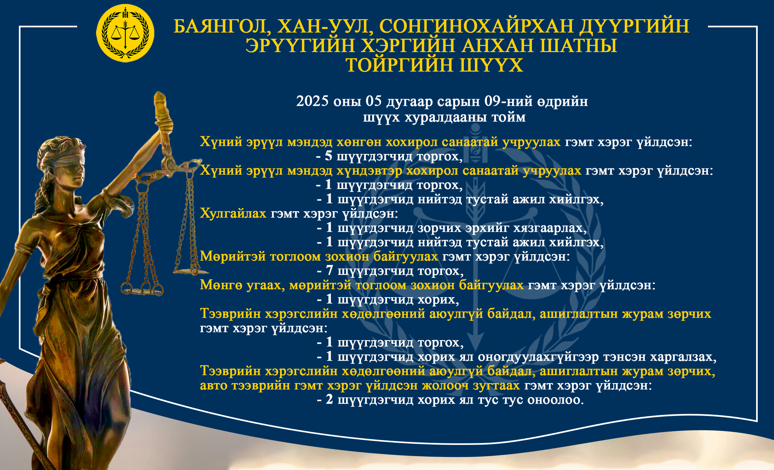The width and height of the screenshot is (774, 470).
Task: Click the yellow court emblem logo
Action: click(125, 33)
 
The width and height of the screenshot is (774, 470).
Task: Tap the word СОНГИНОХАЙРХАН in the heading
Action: click(476, 26)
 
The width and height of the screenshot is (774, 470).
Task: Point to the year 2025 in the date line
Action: click(312, 101)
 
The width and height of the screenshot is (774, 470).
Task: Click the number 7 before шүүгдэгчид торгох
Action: click(330, 270)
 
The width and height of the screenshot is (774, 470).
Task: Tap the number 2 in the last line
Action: click(330, 399)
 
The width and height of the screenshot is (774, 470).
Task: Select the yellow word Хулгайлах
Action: click(233, 214)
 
